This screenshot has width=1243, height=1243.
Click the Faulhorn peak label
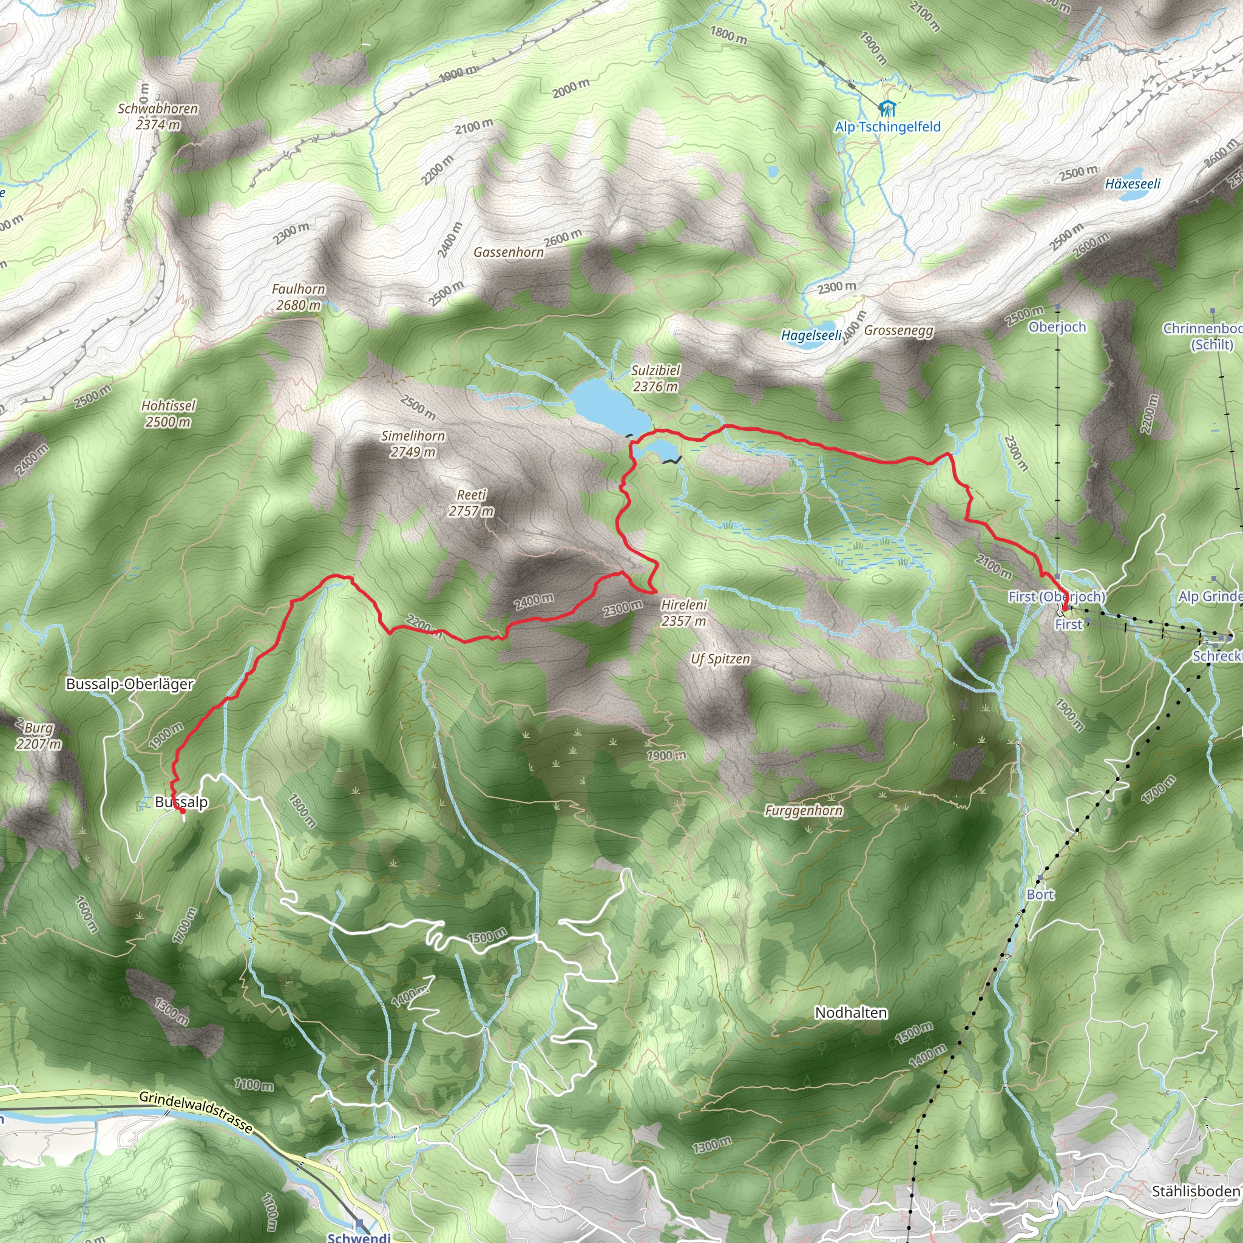(x=298, y=297)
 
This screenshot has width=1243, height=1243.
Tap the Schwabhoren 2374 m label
(x=158, y=117)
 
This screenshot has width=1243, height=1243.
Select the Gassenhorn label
(x=508, y=252)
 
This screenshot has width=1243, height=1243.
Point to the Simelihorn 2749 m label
(x=412, y=444)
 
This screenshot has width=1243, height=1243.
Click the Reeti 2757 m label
(x=471, y=503)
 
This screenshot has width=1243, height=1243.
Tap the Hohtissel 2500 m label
(x=168, y=414)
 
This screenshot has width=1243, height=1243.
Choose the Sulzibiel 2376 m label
(x=655, y=378)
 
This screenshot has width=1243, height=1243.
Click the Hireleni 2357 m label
(x=683, y=613)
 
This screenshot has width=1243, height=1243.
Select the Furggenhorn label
(x=804, y=811)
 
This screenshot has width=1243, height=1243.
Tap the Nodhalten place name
(x=850, y=1013)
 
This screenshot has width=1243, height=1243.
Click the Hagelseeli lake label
(x=811, y=335)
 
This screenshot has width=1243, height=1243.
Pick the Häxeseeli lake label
(x=1133, y=184)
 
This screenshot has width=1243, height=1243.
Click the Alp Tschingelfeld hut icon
(x=887, y=108)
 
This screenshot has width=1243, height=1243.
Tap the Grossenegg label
(x=898, y=331)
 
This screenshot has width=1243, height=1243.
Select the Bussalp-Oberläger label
(x=129, y=684)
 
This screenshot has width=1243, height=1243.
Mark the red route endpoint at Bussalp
(x=183, y=811)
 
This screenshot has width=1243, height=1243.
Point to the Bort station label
(x=1040, y=895)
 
